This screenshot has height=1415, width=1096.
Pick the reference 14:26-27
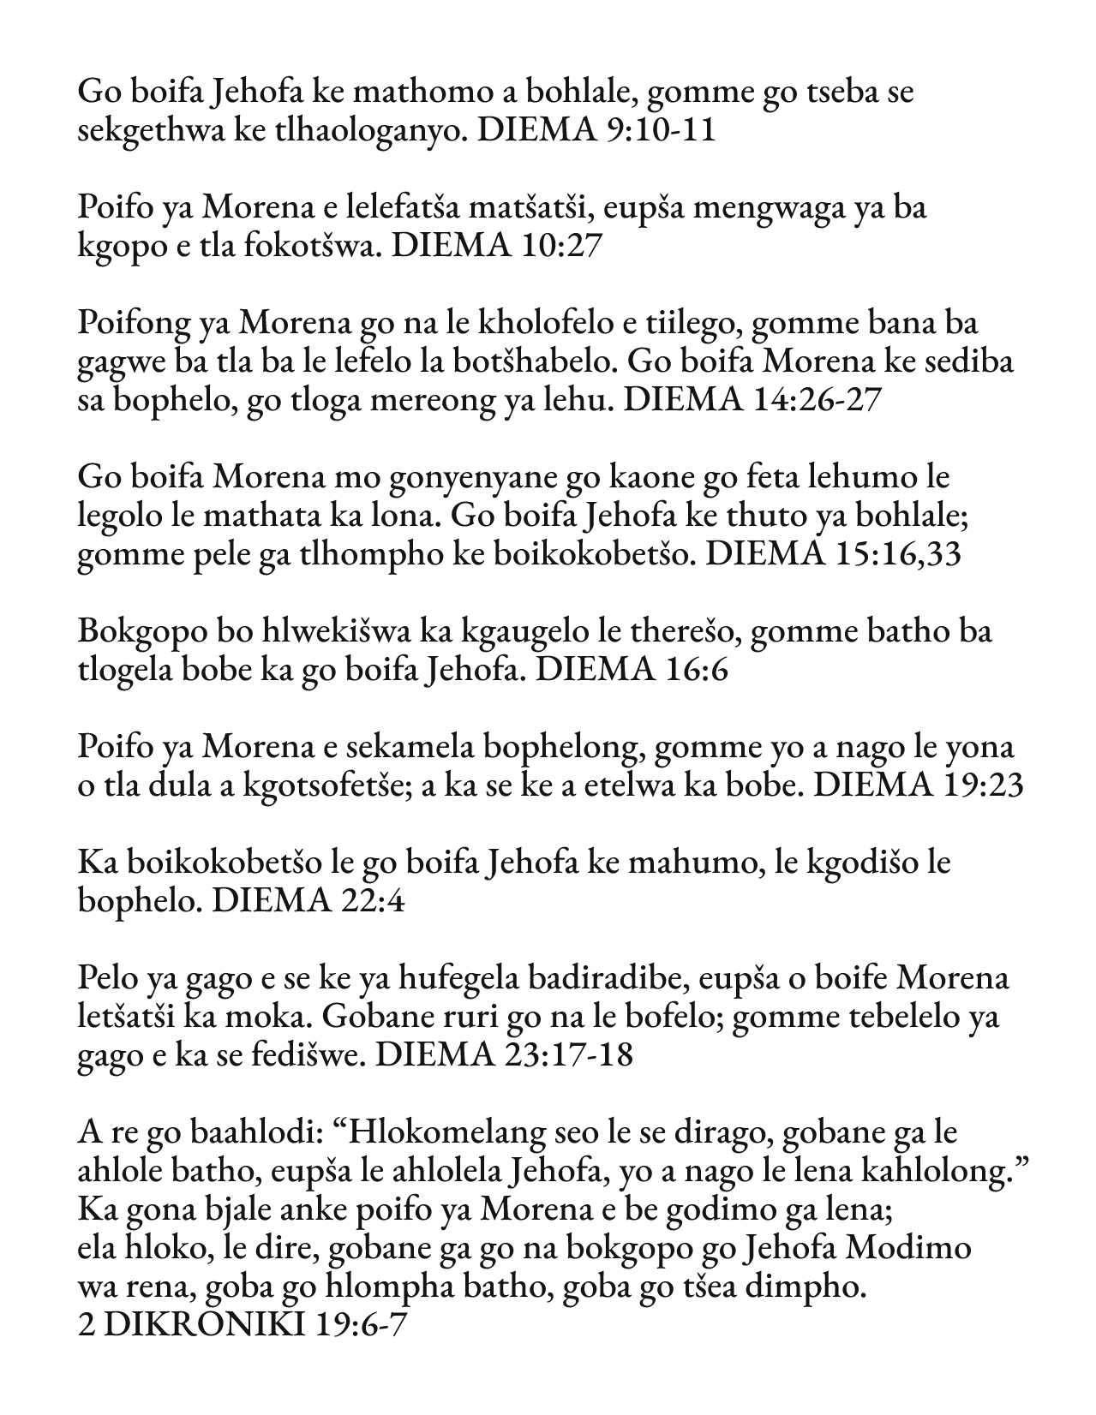[x=815, y=400]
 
